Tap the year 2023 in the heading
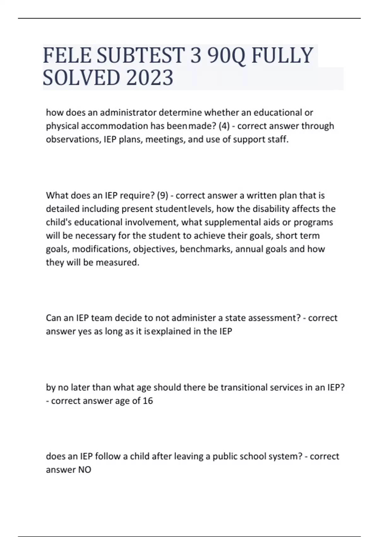point(150,78)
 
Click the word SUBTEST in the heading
point(141,55)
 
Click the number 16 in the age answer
point(148,401)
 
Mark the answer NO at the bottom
point(85,470)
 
